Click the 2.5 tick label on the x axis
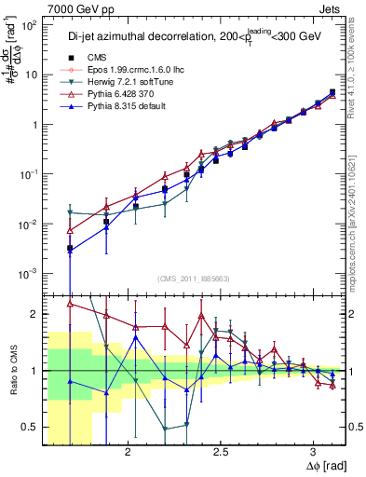(x=221, y=452)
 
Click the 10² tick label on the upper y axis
(x=27, y=25)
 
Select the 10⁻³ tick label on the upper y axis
(x=27, y=273)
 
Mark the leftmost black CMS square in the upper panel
(x=71, y=249)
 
